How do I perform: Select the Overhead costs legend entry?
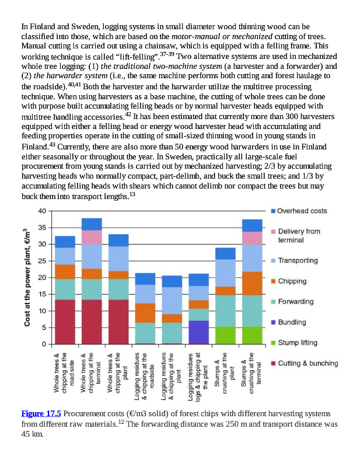tap(301, 211)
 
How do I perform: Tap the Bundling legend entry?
tap(292, 322)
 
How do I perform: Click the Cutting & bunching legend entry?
tap(307, 364)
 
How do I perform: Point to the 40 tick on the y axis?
tap(42, 211)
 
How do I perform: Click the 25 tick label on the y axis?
tap(42, 261)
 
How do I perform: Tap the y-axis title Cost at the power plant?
tap(27, 277)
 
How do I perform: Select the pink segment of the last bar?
tap(252, 238)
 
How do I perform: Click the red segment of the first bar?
tap(65, 321)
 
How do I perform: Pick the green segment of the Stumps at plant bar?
tap(225, 335)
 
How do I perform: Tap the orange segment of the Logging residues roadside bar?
tap(145, 313)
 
